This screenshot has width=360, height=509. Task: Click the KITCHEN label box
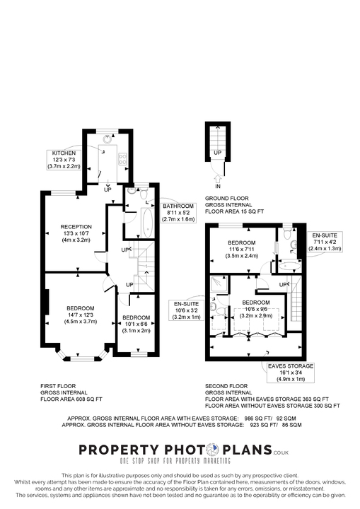[64, 159]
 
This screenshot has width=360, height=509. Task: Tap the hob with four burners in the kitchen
[122, 160]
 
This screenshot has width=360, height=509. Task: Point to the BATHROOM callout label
[180, 212]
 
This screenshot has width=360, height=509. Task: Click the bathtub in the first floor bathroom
[149, 223]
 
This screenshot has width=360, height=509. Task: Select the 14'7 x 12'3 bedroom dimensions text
[81, 318]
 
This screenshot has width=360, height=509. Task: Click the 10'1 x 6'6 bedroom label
[135, 324]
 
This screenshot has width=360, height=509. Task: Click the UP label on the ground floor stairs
[217, 152]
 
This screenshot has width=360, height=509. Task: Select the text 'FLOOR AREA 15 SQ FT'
[234, 211]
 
